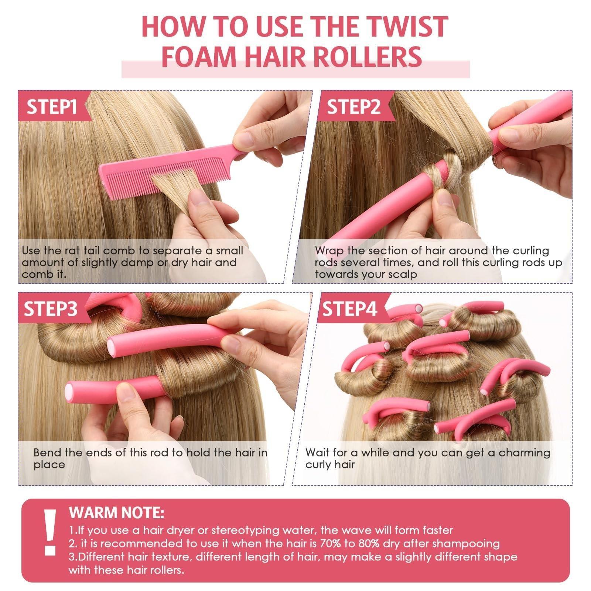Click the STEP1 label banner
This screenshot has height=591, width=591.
[x=52, y=107]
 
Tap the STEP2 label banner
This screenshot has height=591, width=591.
[x=353, y=107]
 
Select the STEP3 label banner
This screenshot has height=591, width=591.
[x=51, y=309]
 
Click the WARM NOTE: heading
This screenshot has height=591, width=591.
[x=116, y=513]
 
